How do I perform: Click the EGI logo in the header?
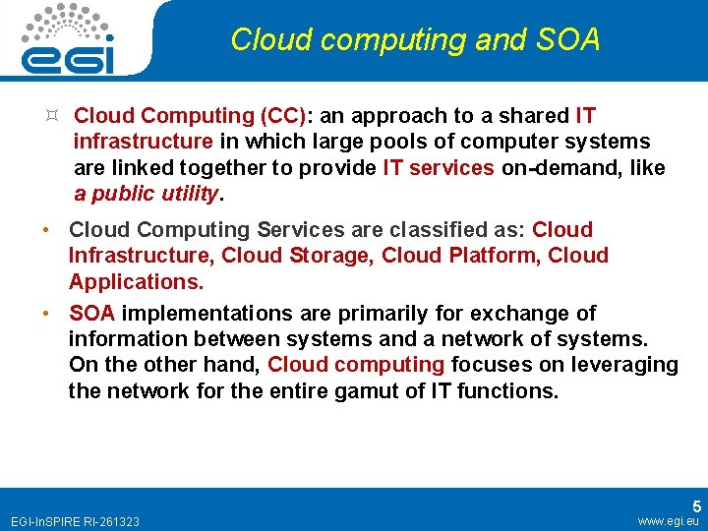pyautogui.click(x=68, y=39)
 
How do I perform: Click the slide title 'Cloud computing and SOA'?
pyautogui.click(x=414, y=40)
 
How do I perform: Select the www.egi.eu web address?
pyautogui.click(x=668, y=521)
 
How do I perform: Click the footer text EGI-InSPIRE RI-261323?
pyautogui.click(x=74, y=521)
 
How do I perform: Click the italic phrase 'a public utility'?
pyautogui.click(x=147, y=193)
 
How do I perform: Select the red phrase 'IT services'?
pyautogui.click(x=439, y=167)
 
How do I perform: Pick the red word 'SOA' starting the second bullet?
pyautogui.click(x=92, y=314)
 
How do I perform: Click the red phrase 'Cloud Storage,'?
pyautogui.click(x=299, y=256)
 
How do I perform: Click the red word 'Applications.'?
pyautogui.click(x=136, y=282)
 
